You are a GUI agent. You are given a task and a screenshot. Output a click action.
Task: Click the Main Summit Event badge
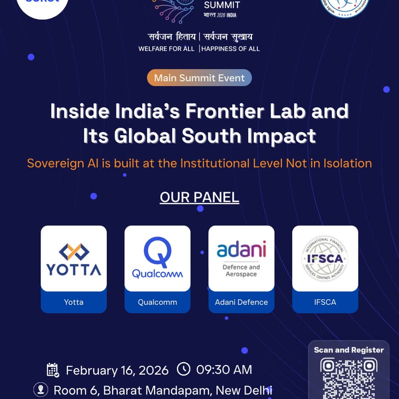pos(199,78)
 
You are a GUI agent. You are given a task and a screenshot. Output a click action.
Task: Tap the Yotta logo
pos(74,259)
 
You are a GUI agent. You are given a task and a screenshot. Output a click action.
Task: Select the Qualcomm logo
pos(158,258)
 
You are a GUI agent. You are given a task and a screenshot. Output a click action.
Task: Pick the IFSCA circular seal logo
pos(325,258)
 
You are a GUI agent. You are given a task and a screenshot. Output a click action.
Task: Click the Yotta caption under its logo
pos(74,302)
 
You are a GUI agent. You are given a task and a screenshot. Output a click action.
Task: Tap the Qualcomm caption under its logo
pos(158,302)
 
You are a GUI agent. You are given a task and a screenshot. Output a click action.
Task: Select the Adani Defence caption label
pos(241,302)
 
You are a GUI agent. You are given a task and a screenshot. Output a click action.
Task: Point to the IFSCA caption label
pos(325,302)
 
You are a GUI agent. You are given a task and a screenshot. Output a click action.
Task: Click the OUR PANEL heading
pos(199,197)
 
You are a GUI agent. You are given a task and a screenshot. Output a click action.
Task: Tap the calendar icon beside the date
pos(53,370)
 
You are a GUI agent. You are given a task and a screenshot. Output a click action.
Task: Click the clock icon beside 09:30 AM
pos(184,370)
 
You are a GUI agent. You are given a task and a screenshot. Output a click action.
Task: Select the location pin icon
pos(40,389)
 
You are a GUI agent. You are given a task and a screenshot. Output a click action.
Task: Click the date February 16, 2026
pos(117,370)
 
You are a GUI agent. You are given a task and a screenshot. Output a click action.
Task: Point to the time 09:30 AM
pos(224,370)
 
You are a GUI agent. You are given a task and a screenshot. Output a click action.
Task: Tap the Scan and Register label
pos(349,350)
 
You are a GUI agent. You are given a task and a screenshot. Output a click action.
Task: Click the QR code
pos(348,379)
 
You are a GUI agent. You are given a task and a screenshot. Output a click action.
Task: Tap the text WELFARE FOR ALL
pos(167,49)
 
